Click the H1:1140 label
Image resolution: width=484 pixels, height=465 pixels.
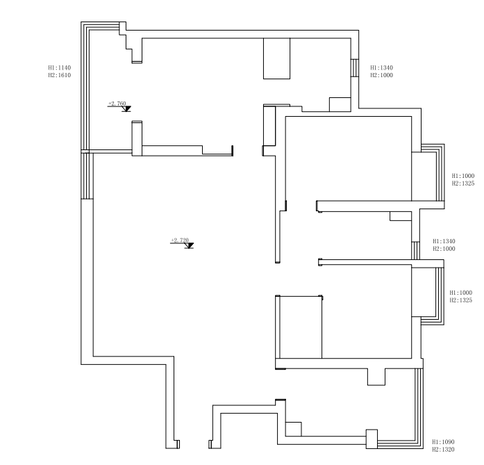tap(60, 67)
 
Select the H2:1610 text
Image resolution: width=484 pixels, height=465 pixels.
tap(60, 75)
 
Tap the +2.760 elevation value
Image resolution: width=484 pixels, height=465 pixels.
tap(117, 103)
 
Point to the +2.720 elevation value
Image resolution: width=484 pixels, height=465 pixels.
tap(180, 240)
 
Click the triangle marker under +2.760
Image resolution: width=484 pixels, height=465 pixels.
tap(126, 108)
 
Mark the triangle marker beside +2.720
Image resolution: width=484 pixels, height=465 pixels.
tap(189, 245)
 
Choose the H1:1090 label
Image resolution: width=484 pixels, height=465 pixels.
tap(443, 442)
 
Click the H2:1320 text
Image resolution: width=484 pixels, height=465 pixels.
tap(443, 449)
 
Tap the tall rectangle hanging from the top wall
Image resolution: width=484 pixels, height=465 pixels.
tap(276, 58)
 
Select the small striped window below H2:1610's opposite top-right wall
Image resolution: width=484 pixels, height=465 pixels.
tap(355, 68)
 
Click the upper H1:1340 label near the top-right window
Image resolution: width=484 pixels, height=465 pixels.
tap(382, 67)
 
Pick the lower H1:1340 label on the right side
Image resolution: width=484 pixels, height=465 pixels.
tap(444, 241)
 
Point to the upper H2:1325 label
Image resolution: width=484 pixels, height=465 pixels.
tap(463, 183)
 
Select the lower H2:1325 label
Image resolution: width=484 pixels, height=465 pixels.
tap(461, 300)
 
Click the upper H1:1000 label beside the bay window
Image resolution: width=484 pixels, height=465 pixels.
tap(463, 176)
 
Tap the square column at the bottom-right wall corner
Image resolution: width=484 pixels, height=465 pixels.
tap(372, 439)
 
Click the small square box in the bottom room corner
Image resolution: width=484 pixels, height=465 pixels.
tap(293, 429)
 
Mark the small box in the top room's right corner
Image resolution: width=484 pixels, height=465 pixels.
tap(340, 104)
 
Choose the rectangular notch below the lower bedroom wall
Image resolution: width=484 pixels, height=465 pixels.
tap(376, 377)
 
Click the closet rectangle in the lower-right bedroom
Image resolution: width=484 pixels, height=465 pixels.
tap(299, 327)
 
